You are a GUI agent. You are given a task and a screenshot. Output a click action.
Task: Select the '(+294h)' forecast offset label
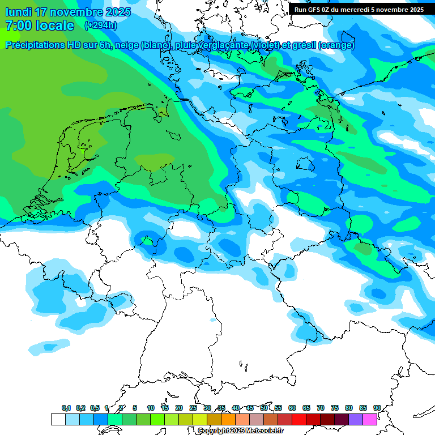pyautogui.click(x=101, y=25)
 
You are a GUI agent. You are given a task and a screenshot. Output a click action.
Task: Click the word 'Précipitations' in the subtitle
pyautogui.click(x=35, y=45)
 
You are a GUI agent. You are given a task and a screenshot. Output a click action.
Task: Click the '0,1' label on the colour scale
pyautogui.click(x=66, y=408)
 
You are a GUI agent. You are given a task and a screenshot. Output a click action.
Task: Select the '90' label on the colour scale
pyautogui.click(x=377, y=408)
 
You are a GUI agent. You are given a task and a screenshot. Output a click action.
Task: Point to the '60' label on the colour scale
pyautogui.click(x=292, y=408)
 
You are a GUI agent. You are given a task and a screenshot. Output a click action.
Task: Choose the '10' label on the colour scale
pyautogui.click(x=151, y=408)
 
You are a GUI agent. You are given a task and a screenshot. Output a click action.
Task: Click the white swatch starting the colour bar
pyautogui.click(x=58, y=419)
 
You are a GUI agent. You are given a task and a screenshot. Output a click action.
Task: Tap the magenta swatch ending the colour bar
pyautogui.click(x=370, y=419)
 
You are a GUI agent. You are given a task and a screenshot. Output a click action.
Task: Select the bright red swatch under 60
pyautogui.click(x=299, y=419)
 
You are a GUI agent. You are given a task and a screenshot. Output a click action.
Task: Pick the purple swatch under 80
pyautogui.click(x=356, y=419)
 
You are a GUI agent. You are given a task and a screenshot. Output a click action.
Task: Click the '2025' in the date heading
pyautogui.click(x=114, y=12)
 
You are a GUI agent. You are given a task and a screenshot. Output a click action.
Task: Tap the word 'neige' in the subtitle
pyautogui.click(x=128, y=45)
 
